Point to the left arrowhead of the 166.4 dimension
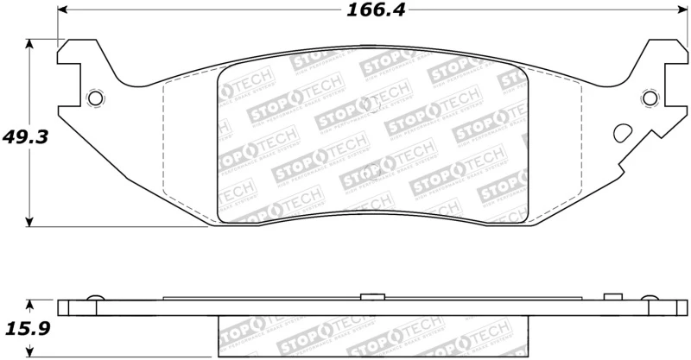[x=63, y=11]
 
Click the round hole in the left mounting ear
[x=96, y=98]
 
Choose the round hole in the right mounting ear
[x=647, y=98]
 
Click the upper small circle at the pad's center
[x=372, y=104]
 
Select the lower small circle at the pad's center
[x=372, y=168]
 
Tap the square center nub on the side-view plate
[x=371, y=298]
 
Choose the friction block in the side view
[x=371, y=332]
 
